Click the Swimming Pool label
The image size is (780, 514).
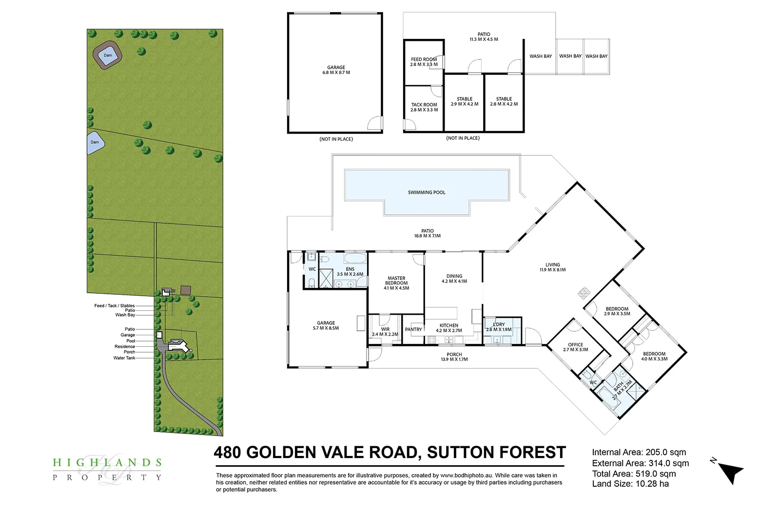pos(427,192)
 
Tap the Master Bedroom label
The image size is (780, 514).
pos(396,283)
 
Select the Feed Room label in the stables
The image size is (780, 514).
pos(424,62)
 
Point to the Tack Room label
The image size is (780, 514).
pos(424,107)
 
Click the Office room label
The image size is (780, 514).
pos(575,347)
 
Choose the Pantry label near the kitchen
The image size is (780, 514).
pos(413,329)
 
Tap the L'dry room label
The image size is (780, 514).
pos(499,327)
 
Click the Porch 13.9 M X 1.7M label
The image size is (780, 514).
pos(454,357)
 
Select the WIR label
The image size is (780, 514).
pos(385,332)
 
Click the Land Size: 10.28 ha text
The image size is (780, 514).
pos(630,484)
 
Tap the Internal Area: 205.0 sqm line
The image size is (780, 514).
pos(639,452)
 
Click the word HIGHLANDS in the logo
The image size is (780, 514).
pos(107,462)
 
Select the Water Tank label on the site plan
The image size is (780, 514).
pos(124,358)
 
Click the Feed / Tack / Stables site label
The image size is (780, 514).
pos(115,306)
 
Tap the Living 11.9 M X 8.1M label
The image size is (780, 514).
pos(552,267)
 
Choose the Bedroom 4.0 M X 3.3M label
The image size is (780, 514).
pos(654,357)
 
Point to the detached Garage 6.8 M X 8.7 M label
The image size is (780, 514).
pos(336,70)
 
